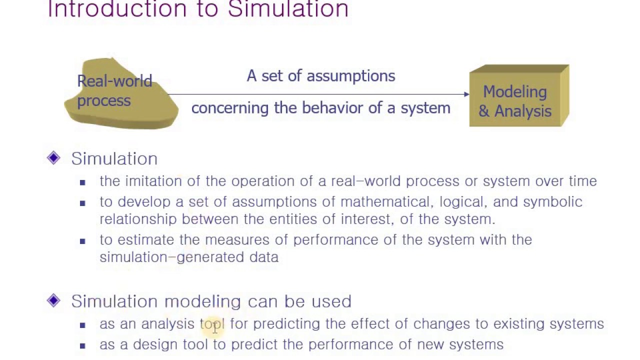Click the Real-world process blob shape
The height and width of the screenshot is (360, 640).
(121, 95)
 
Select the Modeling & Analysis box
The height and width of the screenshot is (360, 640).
(515, 100)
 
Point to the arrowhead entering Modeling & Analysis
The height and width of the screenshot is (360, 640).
(466, 94)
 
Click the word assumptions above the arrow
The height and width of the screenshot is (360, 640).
(350, 76)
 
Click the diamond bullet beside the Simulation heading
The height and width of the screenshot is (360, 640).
(53, 158)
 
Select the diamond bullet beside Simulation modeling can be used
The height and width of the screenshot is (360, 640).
(53, 300)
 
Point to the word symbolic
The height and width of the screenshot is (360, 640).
(552, 201)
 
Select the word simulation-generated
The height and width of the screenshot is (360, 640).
(172, 257)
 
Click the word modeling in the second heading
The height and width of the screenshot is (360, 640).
(202, 301)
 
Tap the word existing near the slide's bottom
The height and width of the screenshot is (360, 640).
(518, 324)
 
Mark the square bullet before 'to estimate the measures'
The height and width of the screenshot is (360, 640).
(82, 241)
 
